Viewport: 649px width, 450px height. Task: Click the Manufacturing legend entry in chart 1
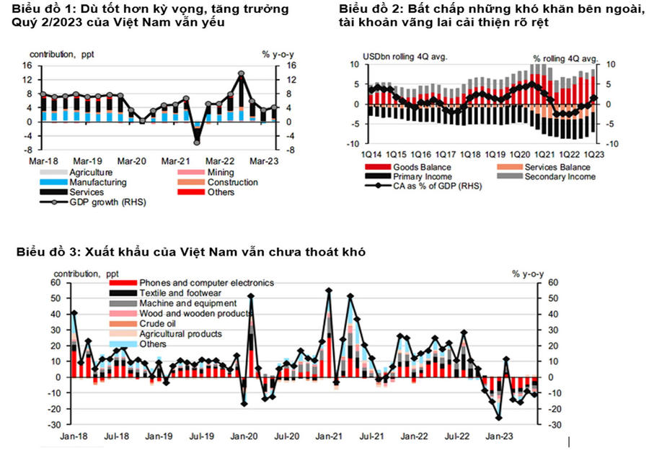tap(97, 183)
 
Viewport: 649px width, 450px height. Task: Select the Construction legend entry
tap(231, 183)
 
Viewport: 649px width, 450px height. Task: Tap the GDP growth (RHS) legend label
tap(106, 202)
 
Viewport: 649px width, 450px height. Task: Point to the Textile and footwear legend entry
tap(175, 294)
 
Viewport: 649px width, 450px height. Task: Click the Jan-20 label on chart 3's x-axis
tap(245, 436)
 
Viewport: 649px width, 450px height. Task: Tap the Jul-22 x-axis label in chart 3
tap(455, 436)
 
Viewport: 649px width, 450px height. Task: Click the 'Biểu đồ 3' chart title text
tap(190, 253)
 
